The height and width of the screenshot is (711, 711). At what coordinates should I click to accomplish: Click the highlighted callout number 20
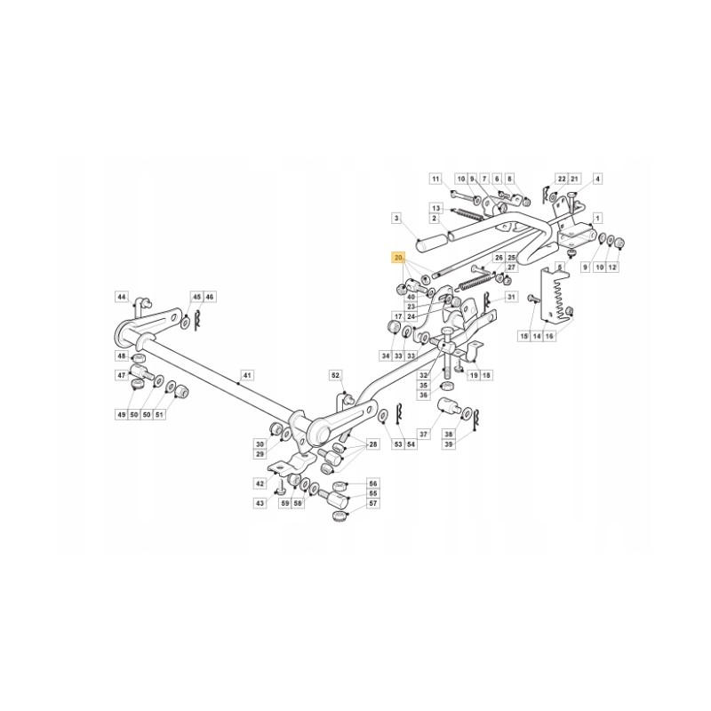pos(398,258)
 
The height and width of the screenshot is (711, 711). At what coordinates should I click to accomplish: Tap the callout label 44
pos(123,296)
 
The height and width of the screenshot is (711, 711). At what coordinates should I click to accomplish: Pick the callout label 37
pos(423,434)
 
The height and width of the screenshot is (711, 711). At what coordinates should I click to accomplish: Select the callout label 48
pos(123,356)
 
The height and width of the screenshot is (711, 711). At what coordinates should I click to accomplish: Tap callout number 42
pos(260,483)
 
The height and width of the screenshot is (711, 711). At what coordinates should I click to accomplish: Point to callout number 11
pos(435,179)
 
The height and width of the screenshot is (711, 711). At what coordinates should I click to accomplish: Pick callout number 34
pos(386,356)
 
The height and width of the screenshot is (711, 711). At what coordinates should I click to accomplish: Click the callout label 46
pos(210,296)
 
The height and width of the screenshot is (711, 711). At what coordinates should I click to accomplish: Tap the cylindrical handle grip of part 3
pos(435,241)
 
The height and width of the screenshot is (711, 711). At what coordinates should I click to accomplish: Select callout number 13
pos(435,206)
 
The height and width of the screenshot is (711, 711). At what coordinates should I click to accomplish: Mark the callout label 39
pos(449,443)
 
